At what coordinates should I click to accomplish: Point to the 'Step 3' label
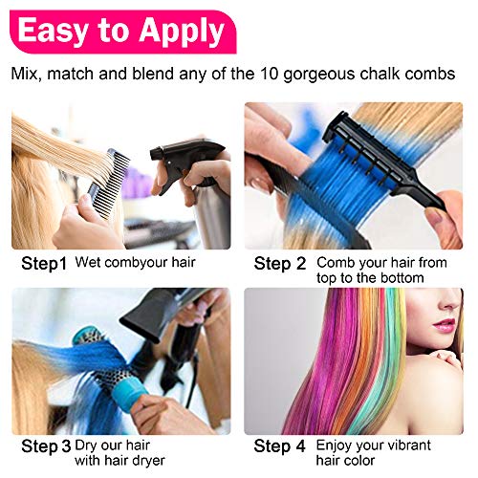tap(46, 446)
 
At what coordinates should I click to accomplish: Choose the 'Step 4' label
tap(280, 446)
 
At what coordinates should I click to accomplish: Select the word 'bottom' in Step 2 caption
tap(402, 277)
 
